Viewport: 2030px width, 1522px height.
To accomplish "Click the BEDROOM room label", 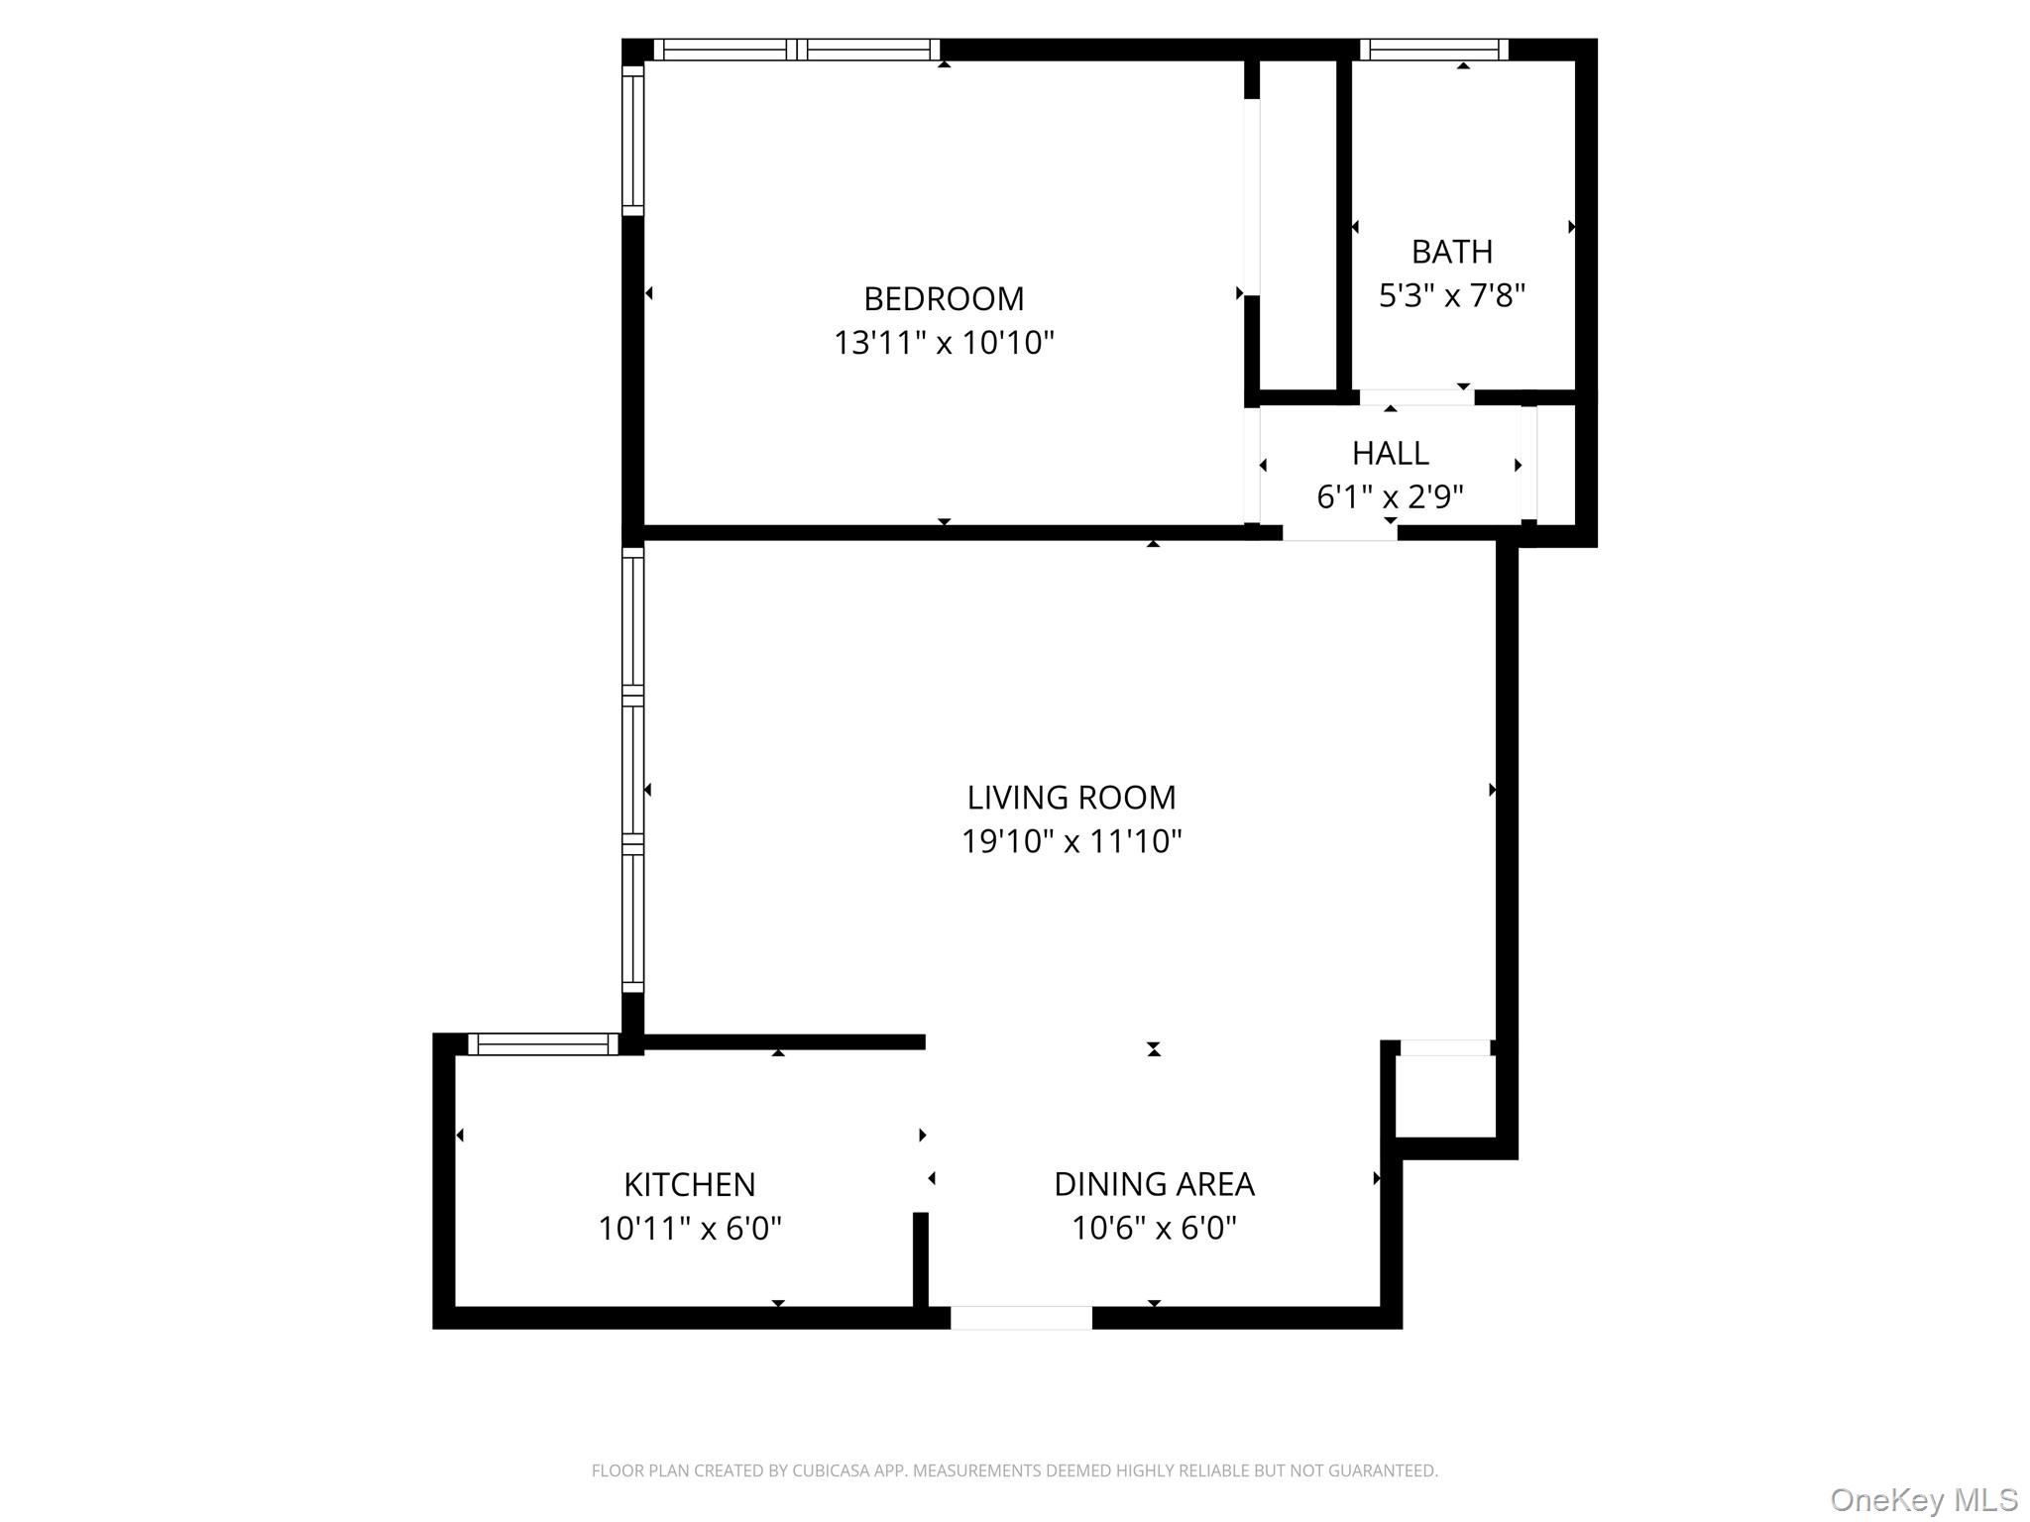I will [x=944, y=298].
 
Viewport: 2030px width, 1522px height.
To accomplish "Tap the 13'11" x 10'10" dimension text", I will [x=944, y=343].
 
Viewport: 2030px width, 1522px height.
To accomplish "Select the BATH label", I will [x=1451, y=252].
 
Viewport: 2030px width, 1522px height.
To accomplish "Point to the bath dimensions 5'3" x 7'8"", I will [x=1451, y=295].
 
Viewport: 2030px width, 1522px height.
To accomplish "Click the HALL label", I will [x=1390, y=453].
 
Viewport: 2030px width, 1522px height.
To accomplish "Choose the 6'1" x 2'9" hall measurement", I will [x=1390, y=496].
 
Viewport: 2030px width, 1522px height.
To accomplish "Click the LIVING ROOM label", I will [x=1071, y=797].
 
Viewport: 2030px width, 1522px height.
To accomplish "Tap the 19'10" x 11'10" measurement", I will [x=1071, y=841].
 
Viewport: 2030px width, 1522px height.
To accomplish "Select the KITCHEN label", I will [x=689, y=1184].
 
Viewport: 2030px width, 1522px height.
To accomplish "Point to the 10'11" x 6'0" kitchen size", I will [x=689, y=1229].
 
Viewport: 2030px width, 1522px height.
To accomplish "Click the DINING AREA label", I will [x=1154, y=1184].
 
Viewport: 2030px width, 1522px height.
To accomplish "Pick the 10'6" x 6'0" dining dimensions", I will [x=1154, y=1229].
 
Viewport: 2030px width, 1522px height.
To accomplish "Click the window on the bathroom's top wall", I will [x=1433, y=50].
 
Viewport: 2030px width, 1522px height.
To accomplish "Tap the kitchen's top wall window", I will [x=542, y=1043].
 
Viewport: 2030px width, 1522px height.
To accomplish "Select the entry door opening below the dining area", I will [x=1021, y=1318].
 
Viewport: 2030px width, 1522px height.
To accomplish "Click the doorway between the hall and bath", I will [x=1416, y=397].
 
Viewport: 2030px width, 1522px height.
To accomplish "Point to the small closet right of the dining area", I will [x=1445, y=1096].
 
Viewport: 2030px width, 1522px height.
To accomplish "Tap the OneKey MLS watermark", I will [x=1923, y=1499].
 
